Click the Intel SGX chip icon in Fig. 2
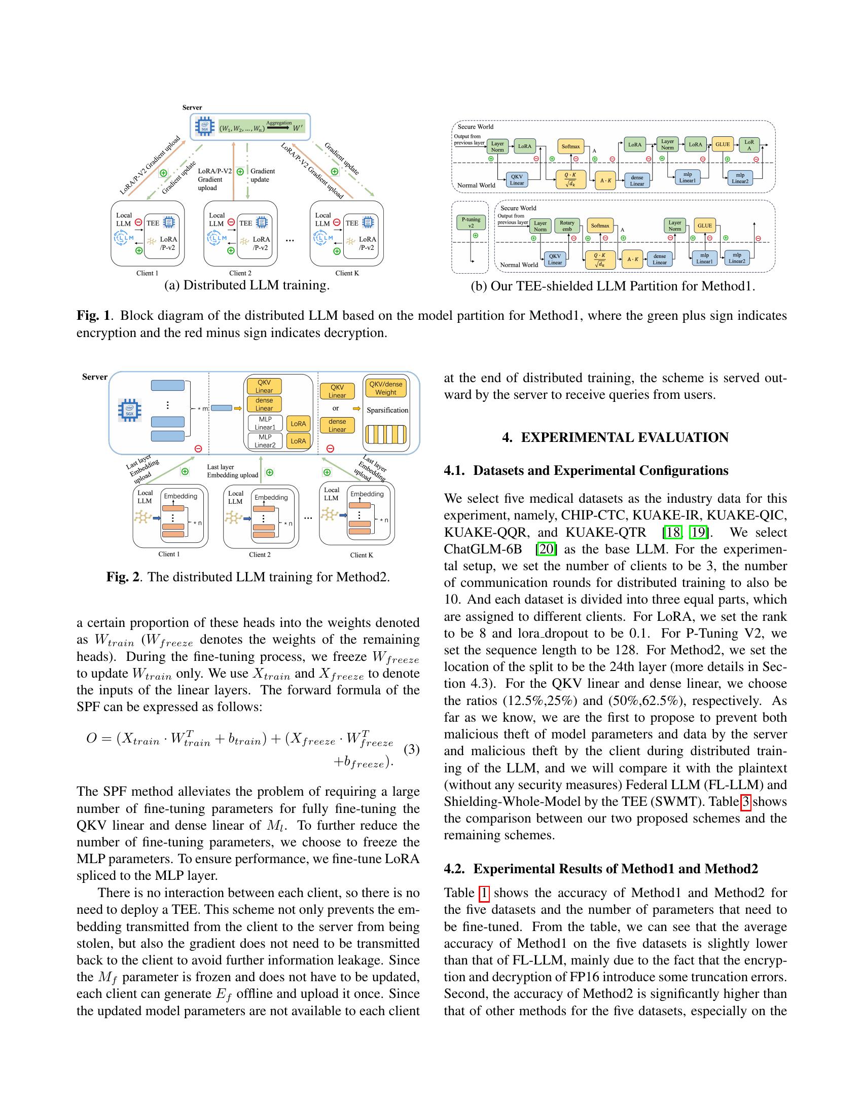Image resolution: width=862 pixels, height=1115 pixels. (x=130, y=410)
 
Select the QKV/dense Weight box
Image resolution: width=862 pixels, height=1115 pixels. (x=385, y=388)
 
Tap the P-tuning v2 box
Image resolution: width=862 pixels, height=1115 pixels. (x=471, y=222)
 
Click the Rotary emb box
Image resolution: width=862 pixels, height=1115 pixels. (x=567, y=226)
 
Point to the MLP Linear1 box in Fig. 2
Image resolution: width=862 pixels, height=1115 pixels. (x=265, y=423)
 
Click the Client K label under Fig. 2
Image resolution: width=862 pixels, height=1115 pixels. (x=361, y=555)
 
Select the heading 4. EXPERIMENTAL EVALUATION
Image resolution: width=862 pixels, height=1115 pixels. (x=615, y=437)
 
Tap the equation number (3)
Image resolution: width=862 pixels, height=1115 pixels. (x=412, y=750)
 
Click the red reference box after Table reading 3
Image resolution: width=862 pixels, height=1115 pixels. (x=745, y=802)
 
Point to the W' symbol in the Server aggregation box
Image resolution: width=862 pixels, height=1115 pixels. (x=298, y=128)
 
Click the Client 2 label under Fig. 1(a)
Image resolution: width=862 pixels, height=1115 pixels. (x=240, y=273)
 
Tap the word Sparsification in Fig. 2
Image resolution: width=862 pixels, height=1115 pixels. (x=387, y=410)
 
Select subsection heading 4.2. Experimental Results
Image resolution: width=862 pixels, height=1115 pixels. (x=600, y=869)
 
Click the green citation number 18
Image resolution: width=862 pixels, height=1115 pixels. (x=672, y=533)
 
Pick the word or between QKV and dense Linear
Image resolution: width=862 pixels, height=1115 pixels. (x=336, y=408)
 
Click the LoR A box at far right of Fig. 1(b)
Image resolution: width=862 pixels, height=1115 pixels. (x=749, y=145)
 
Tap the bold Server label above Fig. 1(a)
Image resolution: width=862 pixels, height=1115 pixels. (x=192, y=108)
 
